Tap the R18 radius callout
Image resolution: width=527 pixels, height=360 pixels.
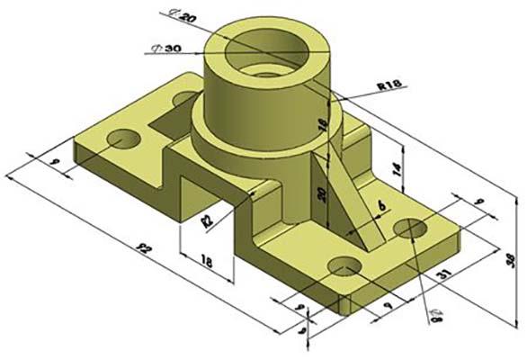389,85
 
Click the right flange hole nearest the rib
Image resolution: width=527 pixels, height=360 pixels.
412,229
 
